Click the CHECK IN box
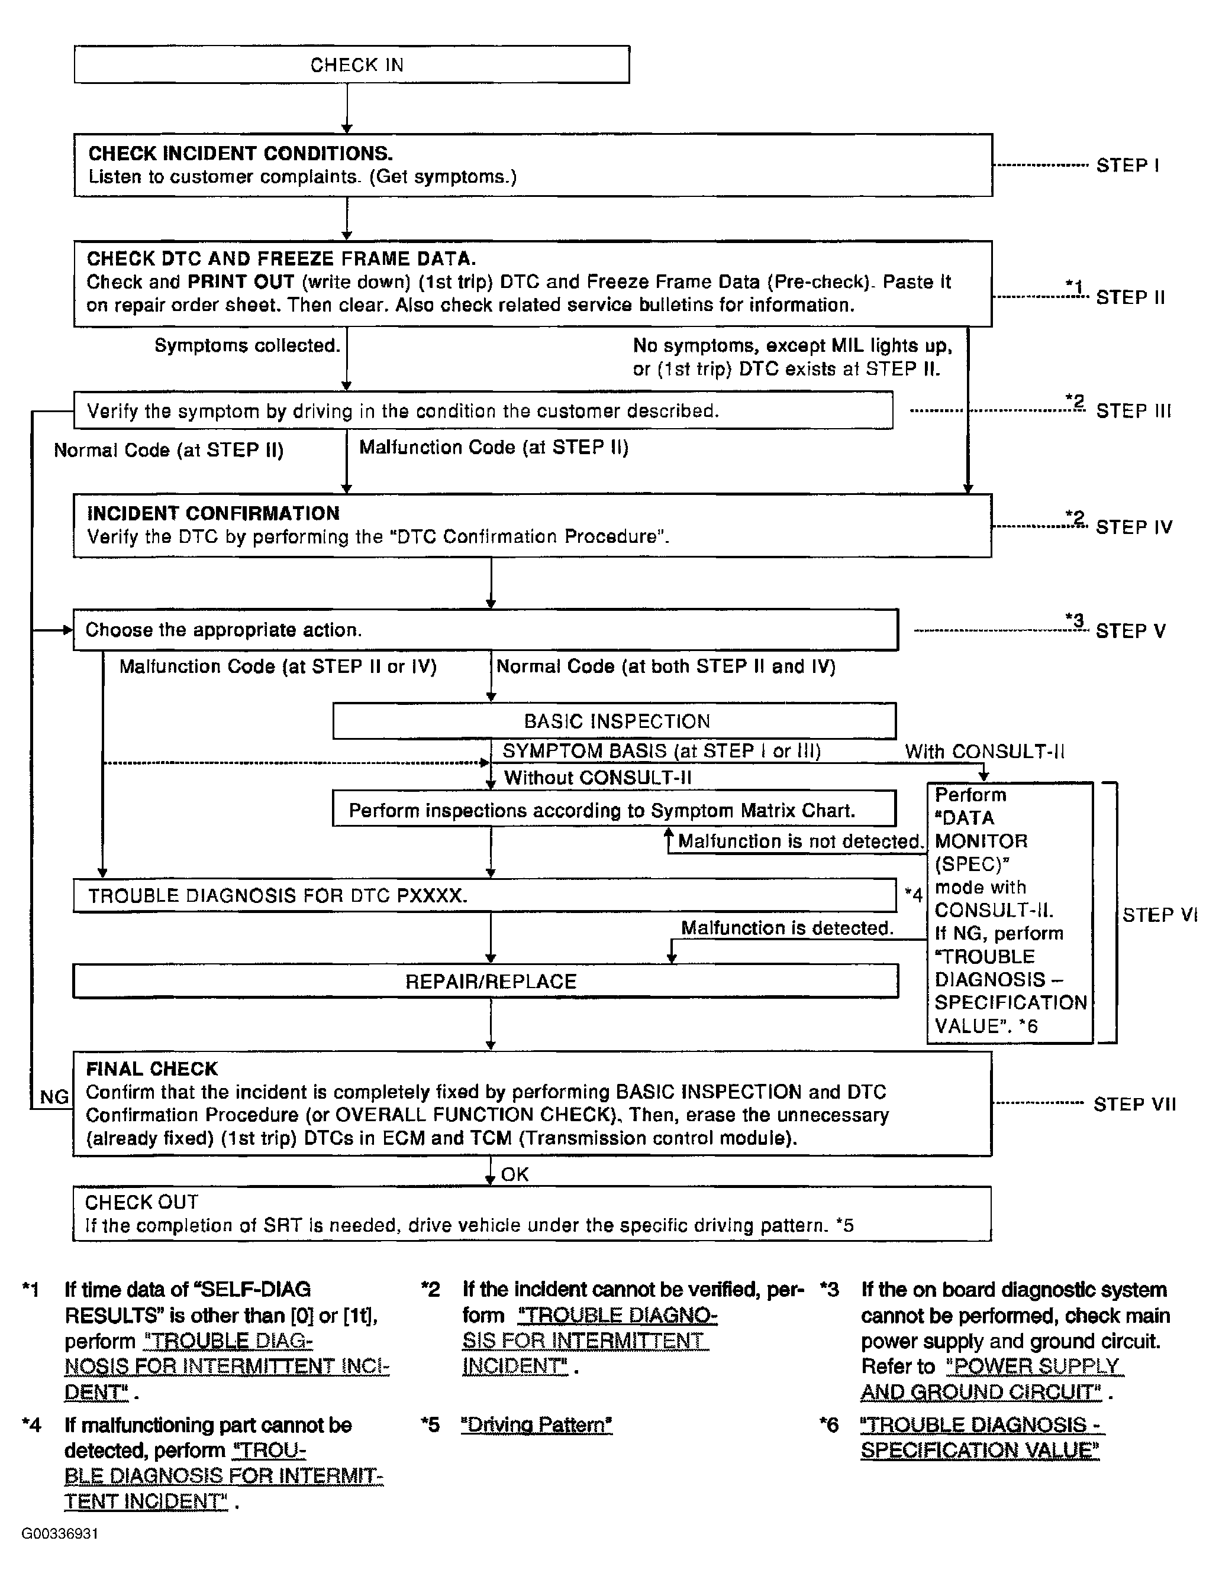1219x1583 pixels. [351, 64]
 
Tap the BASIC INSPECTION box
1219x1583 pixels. [615, 721]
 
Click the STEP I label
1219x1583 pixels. [1127, 165]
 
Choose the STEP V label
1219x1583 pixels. [1130, 630]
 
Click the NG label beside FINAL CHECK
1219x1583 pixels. [54, 1097]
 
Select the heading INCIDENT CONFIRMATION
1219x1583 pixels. [213, 513]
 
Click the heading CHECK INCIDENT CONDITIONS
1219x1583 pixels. [240, 154]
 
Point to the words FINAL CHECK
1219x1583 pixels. [151, 1069]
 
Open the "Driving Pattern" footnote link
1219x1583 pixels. [537, 1425]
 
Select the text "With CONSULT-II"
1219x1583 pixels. [984, 751]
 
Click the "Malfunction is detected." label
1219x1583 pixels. [787, 928]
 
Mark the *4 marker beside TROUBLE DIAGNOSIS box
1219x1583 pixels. [913, 895]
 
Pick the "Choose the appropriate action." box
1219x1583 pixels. [485, 630]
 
